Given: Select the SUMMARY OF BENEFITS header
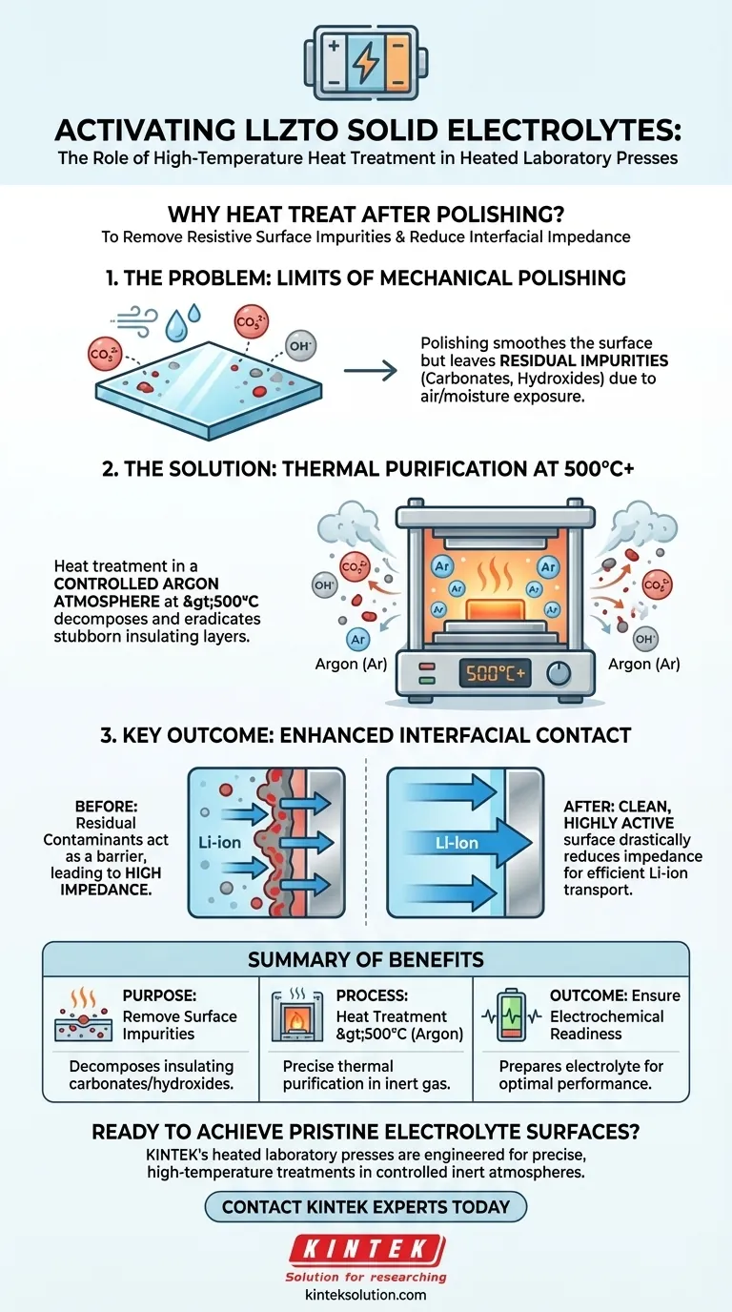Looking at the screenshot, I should [366, 959].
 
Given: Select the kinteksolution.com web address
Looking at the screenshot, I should [366, 1295].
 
